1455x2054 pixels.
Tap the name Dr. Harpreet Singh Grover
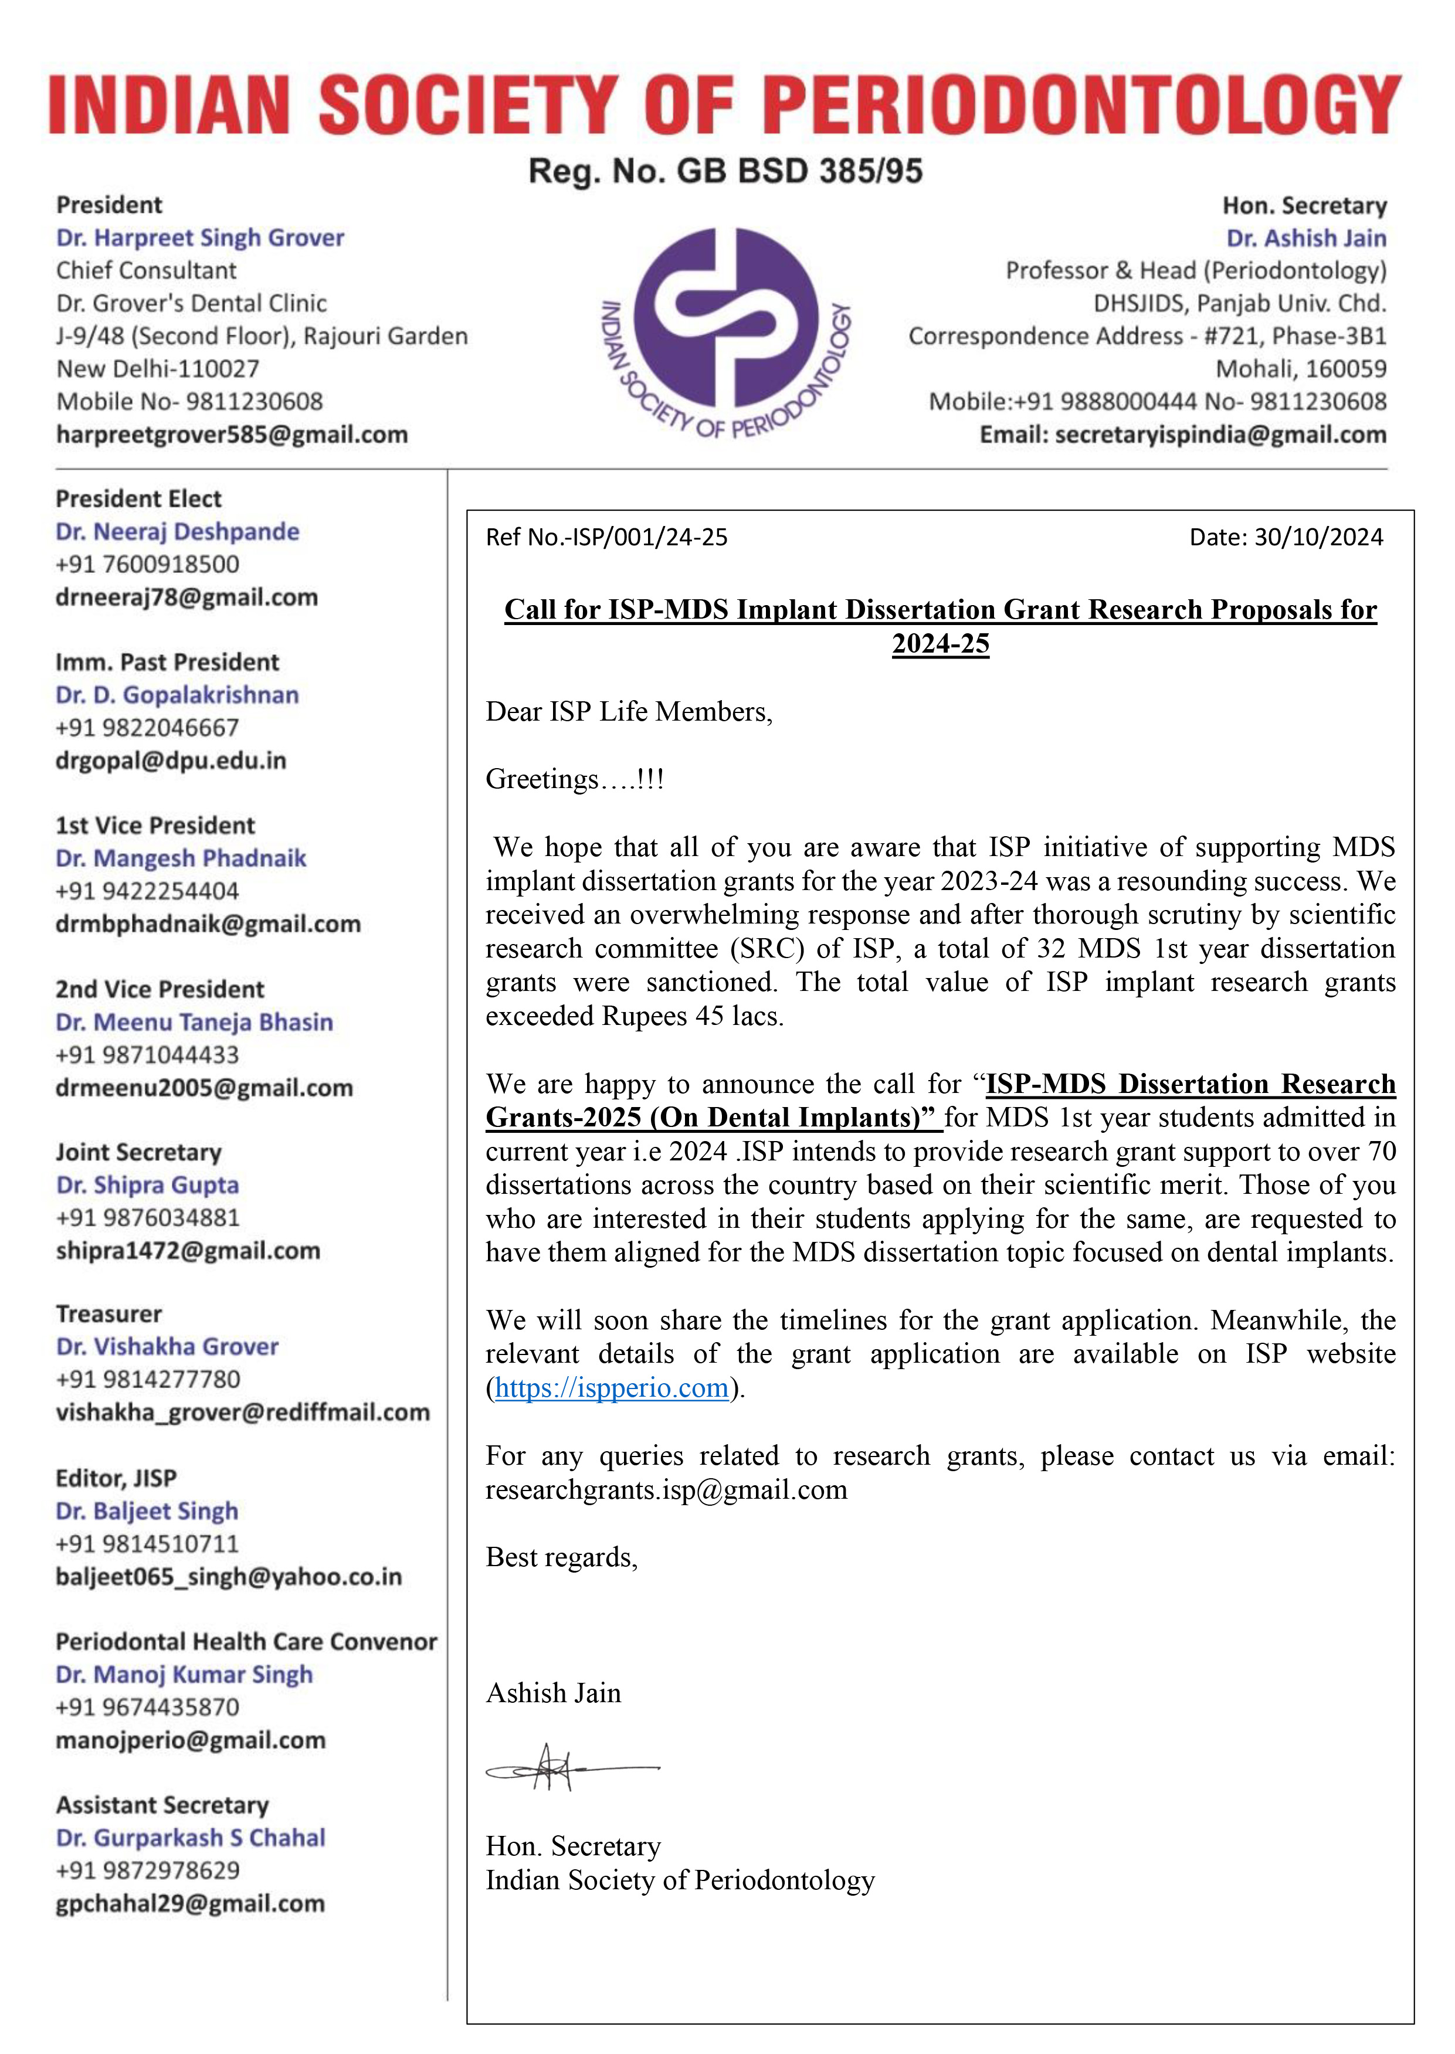(x=200, y=237)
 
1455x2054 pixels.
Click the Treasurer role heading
(x=108, y=1313)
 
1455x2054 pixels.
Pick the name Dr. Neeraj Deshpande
(x=177, y=531)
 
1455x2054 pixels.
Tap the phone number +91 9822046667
(x=147, y=727)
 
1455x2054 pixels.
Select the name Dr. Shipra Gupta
(x=147, y=1184)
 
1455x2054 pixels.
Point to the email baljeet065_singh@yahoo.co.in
(x=229, y=1577)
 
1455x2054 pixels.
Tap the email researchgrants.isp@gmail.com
(x=666, y=1490)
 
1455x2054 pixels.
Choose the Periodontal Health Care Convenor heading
(x=246, y=1641)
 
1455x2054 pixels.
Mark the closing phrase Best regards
(x=561, y=1558)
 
